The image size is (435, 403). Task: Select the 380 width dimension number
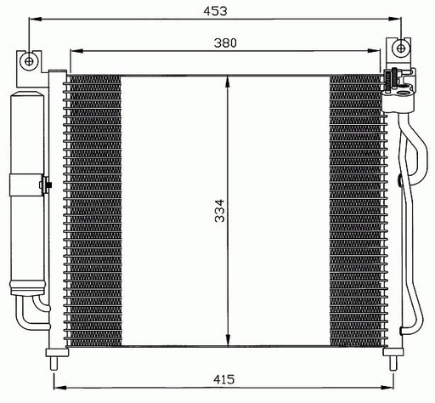click(x=225, y=42)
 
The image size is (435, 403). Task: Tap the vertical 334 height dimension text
click(x=218, y=212)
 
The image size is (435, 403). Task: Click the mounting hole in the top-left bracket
click(x=30, y=60)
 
